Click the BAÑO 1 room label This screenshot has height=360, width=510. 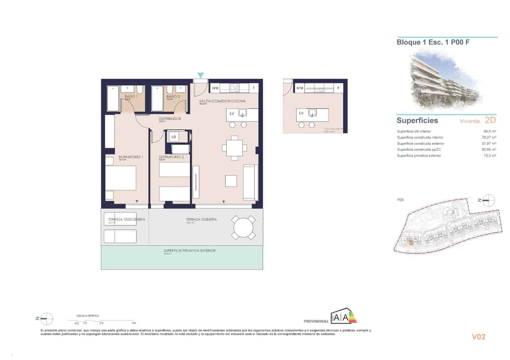131,96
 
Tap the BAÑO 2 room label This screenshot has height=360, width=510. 173,96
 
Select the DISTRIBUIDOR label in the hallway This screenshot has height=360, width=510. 170,119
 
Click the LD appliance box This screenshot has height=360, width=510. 174,137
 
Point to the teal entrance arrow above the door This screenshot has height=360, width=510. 200,75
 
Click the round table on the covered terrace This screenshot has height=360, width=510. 243,227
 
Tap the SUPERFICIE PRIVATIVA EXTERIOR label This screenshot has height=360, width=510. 189,251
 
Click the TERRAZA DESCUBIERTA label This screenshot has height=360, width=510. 127,219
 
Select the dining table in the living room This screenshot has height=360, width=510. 234,148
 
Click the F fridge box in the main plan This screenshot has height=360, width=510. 254,88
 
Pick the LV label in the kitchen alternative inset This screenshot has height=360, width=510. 301,113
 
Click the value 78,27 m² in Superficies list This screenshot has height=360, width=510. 489,137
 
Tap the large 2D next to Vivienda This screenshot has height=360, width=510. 490,120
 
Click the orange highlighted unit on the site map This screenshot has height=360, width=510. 411,242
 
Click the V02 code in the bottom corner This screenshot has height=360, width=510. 478,337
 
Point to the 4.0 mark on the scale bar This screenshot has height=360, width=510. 134,323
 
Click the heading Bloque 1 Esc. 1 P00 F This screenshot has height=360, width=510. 433,42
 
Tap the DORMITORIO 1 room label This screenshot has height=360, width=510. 131,157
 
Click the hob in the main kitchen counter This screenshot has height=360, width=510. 235,88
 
